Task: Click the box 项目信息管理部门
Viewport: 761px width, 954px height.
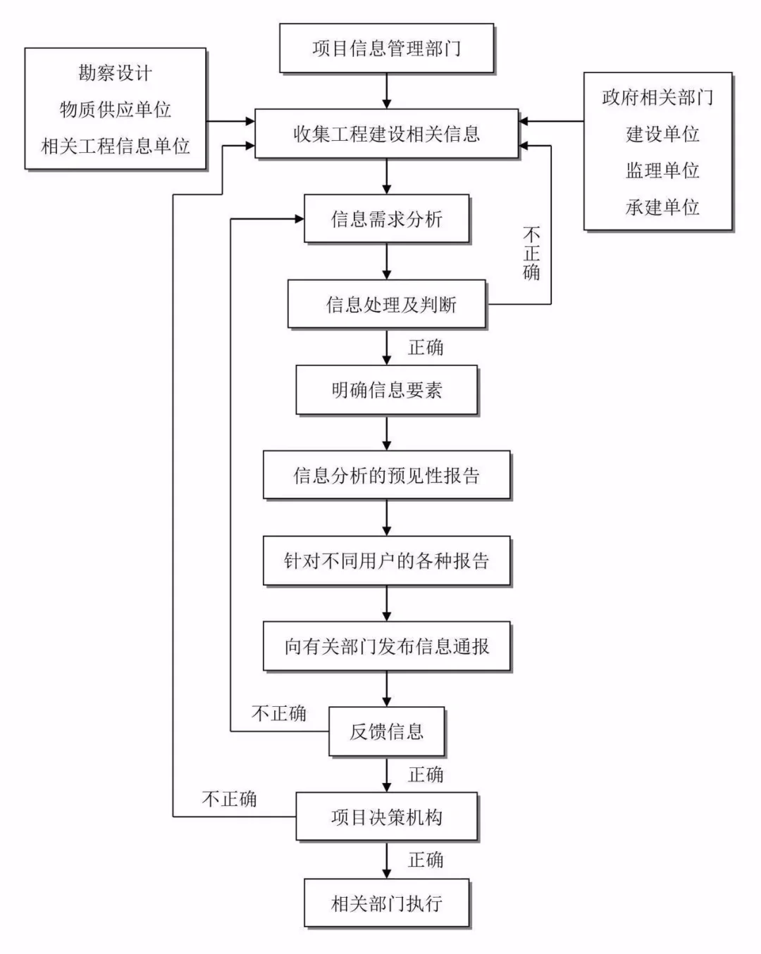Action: point(386,48)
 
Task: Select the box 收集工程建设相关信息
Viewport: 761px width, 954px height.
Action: point(386,134)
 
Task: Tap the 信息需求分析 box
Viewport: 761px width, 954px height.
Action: point(386,219)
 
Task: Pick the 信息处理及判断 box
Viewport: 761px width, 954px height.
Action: point(386,304)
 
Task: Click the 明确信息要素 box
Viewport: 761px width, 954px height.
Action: point(386,390)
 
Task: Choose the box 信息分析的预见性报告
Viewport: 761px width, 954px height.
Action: point(386,475)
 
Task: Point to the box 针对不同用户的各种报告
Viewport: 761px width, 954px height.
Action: point(386,561)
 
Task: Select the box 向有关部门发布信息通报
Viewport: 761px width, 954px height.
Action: point(386,646)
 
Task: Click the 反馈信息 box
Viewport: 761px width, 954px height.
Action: point(386,732)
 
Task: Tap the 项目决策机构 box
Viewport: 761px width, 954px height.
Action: point(386,817)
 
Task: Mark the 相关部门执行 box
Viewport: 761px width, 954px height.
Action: point(386,903)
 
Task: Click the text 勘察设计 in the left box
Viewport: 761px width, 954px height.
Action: point(115,73)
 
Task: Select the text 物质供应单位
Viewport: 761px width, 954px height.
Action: point(115,110)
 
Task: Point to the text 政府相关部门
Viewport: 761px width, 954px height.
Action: point(657,97)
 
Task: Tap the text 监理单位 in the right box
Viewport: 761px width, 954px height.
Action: point(662,170)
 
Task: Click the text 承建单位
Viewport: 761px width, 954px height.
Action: point(662,207)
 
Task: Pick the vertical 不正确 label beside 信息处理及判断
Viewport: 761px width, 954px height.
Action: point(531,253)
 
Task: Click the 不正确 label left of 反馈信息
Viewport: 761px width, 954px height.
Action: point(279,713)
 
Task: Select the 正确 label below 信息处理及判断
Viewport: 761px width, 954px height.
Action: point(426,347)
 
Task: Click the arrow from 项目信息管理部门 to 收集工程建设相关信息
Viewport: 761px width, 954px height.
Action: point(386,91)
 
